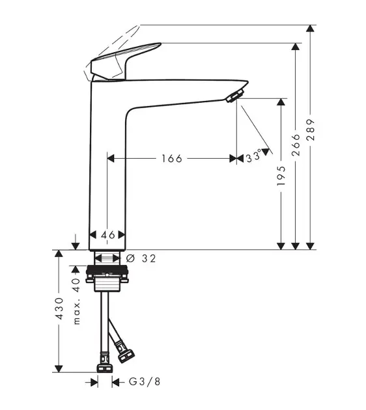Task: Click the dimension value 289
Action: coord(311,130)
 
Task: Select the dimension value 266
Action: coord(296,145)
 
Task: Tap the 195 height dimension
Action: coord(281,176)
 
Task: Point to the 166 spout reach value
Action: coord(172,158)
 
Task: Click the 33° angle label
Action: coord(253,156)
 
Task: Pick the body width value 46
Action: coord(108,235)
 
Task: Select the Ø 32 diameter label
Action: coord(141,258)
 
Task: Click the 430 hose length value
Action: coord(60,308)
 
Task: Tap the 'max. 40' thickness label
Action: coord(76,301)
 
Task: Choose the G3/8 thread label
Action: coord(145,382)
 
